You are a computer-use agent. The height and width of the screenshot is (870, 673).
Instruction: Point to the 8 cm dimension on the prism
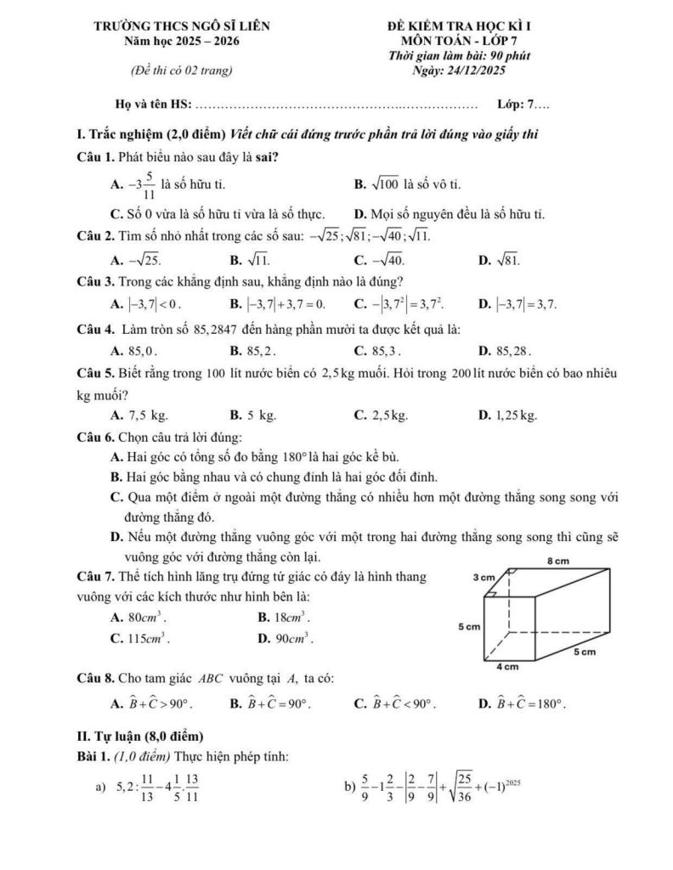tap(557, 561)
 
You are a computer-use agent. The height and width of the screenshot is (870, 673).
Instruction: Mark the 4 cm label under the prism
tap(507, 667)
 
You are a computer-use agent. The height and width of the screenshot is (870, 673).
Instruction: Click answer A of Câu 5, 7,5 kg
tap(139, 415)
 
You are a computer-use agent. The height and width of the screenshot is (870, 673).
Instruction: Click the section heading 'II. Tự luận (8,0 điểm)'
tap(139, 736)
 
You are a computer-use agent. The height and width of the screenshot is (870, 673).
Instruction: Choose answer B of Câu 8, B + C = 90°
tap(269, 703)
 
